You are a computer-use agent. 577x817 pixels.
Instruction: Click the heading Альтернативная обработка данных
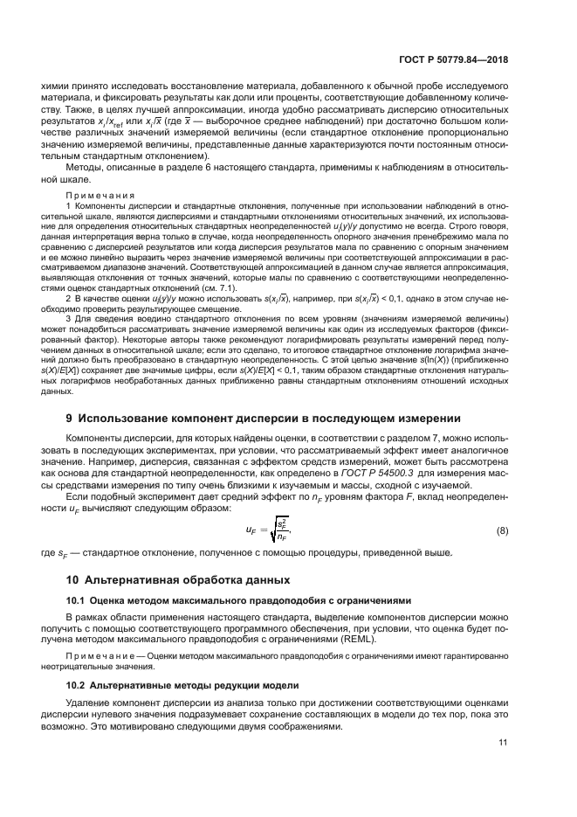point(191,579)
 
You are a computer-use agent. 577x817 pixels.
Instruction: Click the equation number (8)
point(502,530)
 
